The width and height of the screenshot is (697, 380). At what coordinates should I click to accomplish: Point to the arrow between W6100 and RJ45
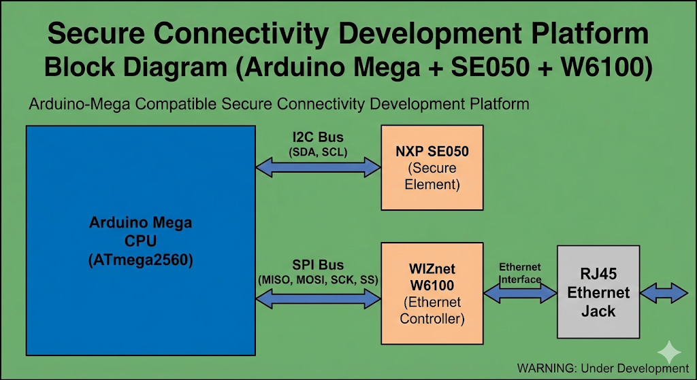(519, 293)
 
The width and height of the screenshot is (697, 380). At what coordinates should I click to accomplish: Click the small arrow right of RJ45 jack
(665, 293)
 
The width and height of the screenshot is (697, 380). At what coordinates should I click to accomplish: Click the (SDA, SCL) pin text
(318, 152)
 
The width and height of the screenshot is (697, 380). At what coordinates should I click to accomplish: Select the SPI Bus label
(318, 265)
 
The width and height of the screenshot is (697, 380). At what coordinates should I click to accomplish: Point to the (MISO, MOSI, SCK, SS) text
(318, 280)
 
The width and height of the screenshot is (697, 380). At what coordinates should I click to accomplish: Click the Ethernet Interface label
(520, 273)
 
